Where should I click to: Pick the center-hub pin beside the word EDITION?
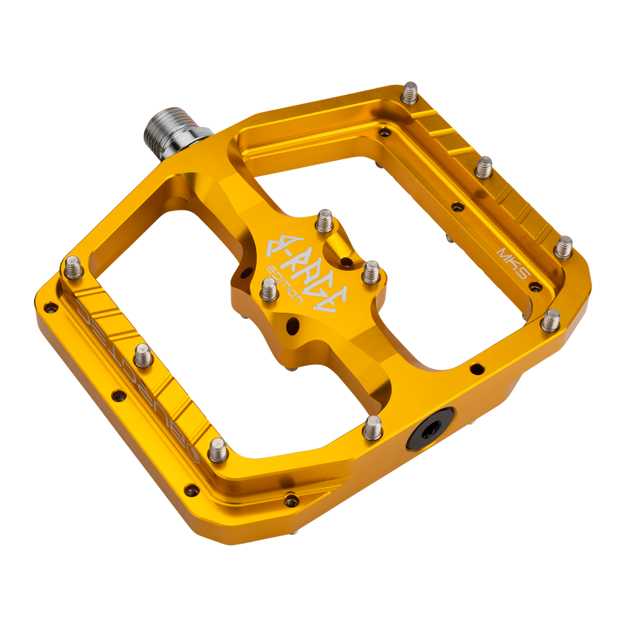(268, 289)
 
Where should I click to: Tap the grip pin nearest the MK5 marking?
(565, 246)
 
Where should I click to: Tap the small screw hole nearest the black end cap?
(476, 368)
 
